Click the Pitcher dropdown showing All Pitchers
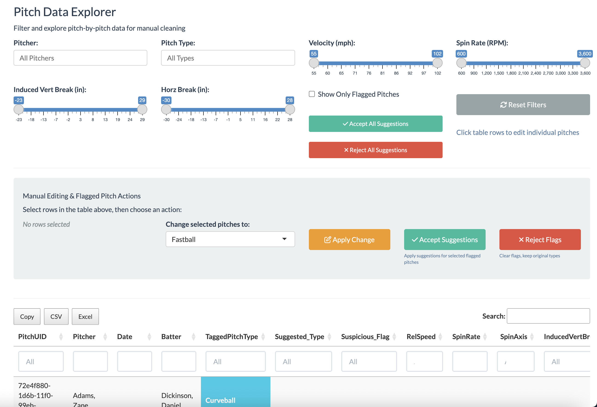80,58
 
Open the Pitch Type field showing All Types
228,58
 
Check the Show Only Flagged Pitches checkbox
312,94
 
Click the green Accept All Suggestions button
375,124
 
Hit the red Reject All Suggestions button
375,150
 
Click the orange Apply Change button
349,239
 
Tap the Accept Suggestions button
444,239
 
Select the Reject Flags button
540,239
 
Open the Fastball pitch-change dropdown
230,239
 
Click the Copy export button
27,317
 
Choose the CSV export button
56,317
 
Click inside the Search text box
548,316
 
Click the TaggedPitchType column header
232,337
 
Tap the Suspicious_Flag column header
365,337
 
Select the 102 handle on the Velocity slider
437,63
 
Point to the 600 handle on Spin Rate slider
461,63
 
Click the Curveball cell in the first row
235,396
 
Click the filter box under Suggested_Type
303,361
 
